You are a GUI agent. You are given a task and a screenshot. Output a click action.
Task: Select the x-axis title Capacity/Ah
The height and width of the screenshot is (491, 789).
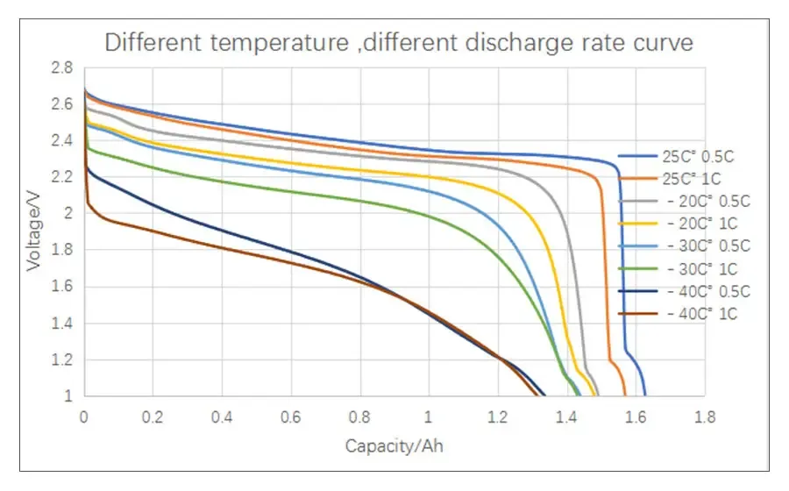coord(394,446)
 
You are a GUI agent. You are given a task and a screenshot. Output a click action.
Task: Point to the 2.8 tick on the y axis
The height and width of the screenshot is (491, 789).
coord(60,68)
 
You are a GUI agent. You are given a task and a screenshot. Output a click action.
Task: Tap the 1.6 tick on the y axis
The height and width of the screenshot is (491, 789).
coord(60,287)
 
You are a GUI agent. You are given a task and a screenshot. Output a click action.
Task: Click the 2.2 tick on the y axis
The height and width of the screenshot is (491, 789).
coord(60,177)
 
